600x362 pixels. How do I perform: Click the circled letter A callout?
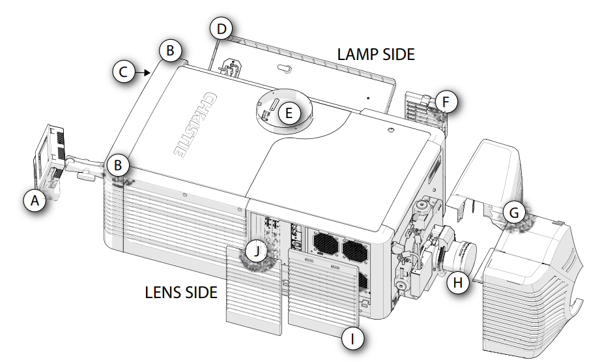click(35, 202)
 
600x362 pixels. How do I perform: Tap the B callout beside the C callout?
click(170, 50)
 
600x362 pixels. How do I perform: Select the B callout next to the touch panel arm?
click(118, 165)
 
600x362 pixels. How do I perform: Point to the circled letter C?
click(124, 71)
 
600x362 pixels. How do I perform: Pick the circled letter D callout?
click(222, 29)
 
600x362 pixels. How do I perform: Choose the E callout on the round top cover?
click(289, 113)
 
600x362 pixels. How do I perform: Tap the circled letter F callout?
click(446, 102)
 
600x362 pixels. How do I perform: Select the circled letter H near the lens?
click(458, 282)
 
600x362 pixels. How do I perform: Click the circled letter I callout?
click(352, 338)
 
